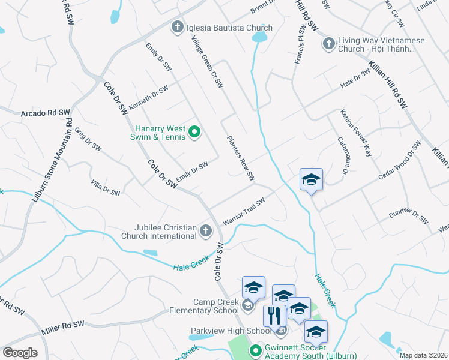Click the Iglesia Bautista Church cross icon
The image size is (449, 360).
[177, 27]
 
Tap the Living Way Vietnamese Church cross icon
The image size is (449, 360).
[328, 43]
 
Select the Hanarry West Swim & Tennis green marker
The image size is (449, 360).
[194, 132]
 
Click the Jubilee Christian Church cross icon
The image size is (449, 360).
[205, 230]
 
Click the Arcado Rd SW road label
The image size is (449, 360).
[46, 113]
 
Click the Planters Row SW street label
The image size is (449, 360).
[241, 158]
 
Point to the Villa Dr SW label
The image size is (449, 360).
[106, 188]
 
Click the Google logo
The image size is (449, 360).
[20, 353]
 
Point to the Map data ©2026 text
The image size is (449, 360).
[423, 355]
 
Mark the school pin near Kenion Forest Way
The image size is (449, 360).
[311, 180]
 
